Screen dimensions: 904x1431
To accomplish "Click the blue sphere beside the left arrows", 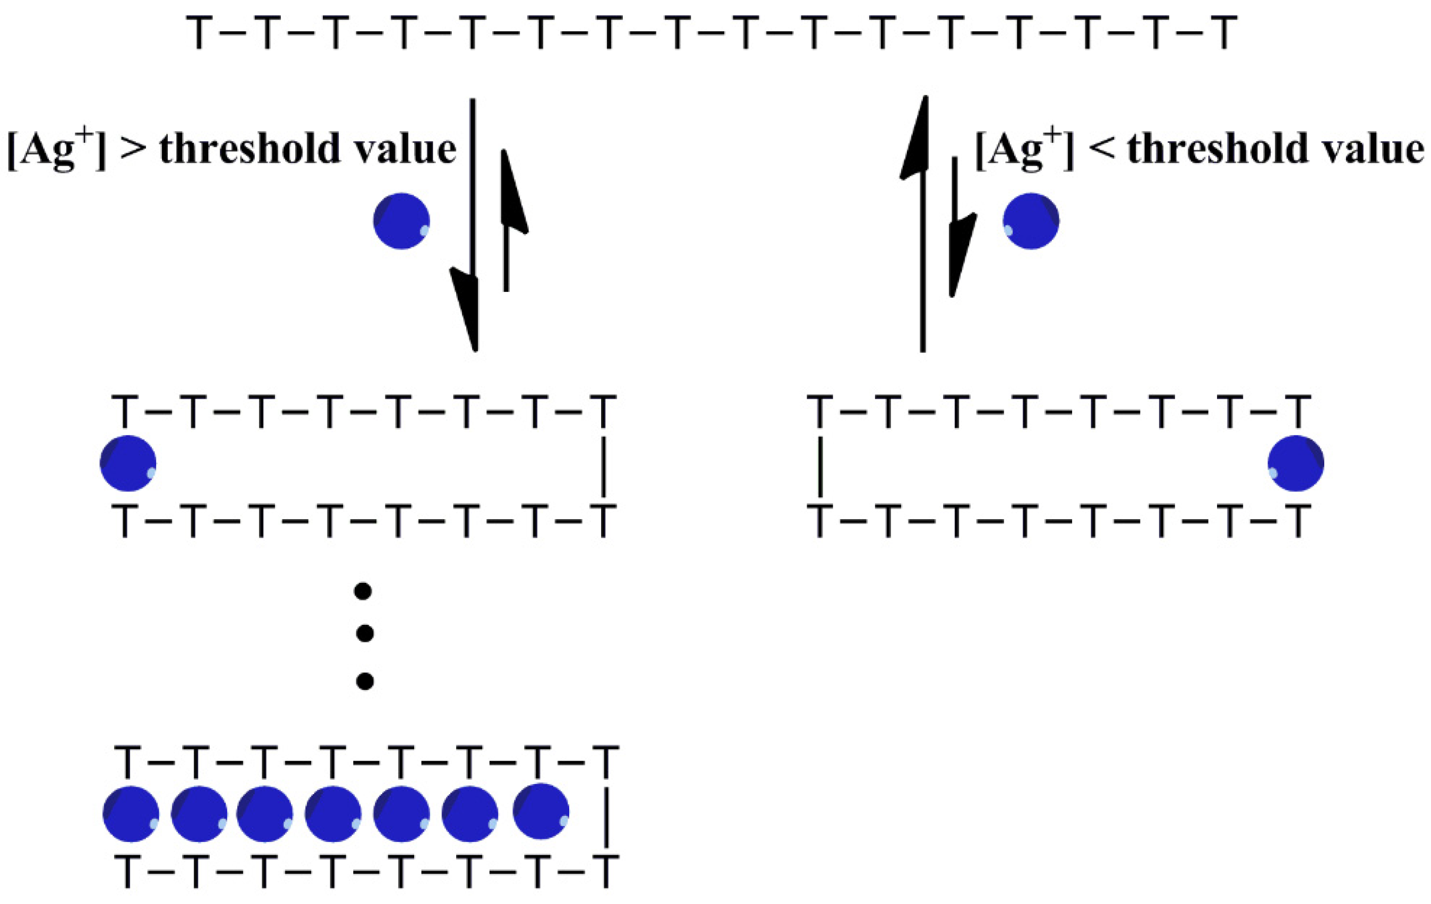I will [x=402, y=221].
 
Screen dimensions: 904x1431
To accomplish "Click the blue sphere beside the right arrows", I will [x=1031, y=221].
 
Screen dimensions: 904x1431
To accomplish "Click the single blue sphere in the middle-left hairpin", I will [x=128, y=463].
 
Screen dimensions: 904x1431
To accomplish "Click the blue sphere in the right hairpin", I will [x=1296, y=463].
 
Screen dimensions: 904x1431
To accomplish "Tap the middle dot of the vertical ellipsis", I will [x=364, y=634].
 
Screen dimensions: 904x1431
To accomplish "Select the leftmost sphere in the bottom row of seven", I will [x=131, y=814].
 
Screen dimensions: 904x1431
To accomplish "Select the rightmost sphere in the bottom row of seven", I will [x=541, y=811].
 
